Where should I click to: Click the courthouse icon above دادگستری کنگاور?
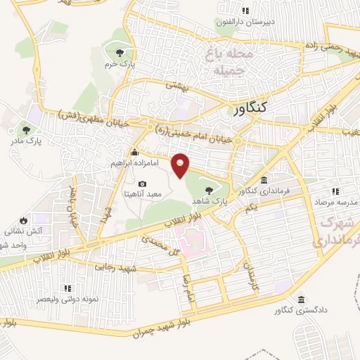point(302,299)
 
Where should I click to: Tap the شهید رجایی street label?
point(114,268)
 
